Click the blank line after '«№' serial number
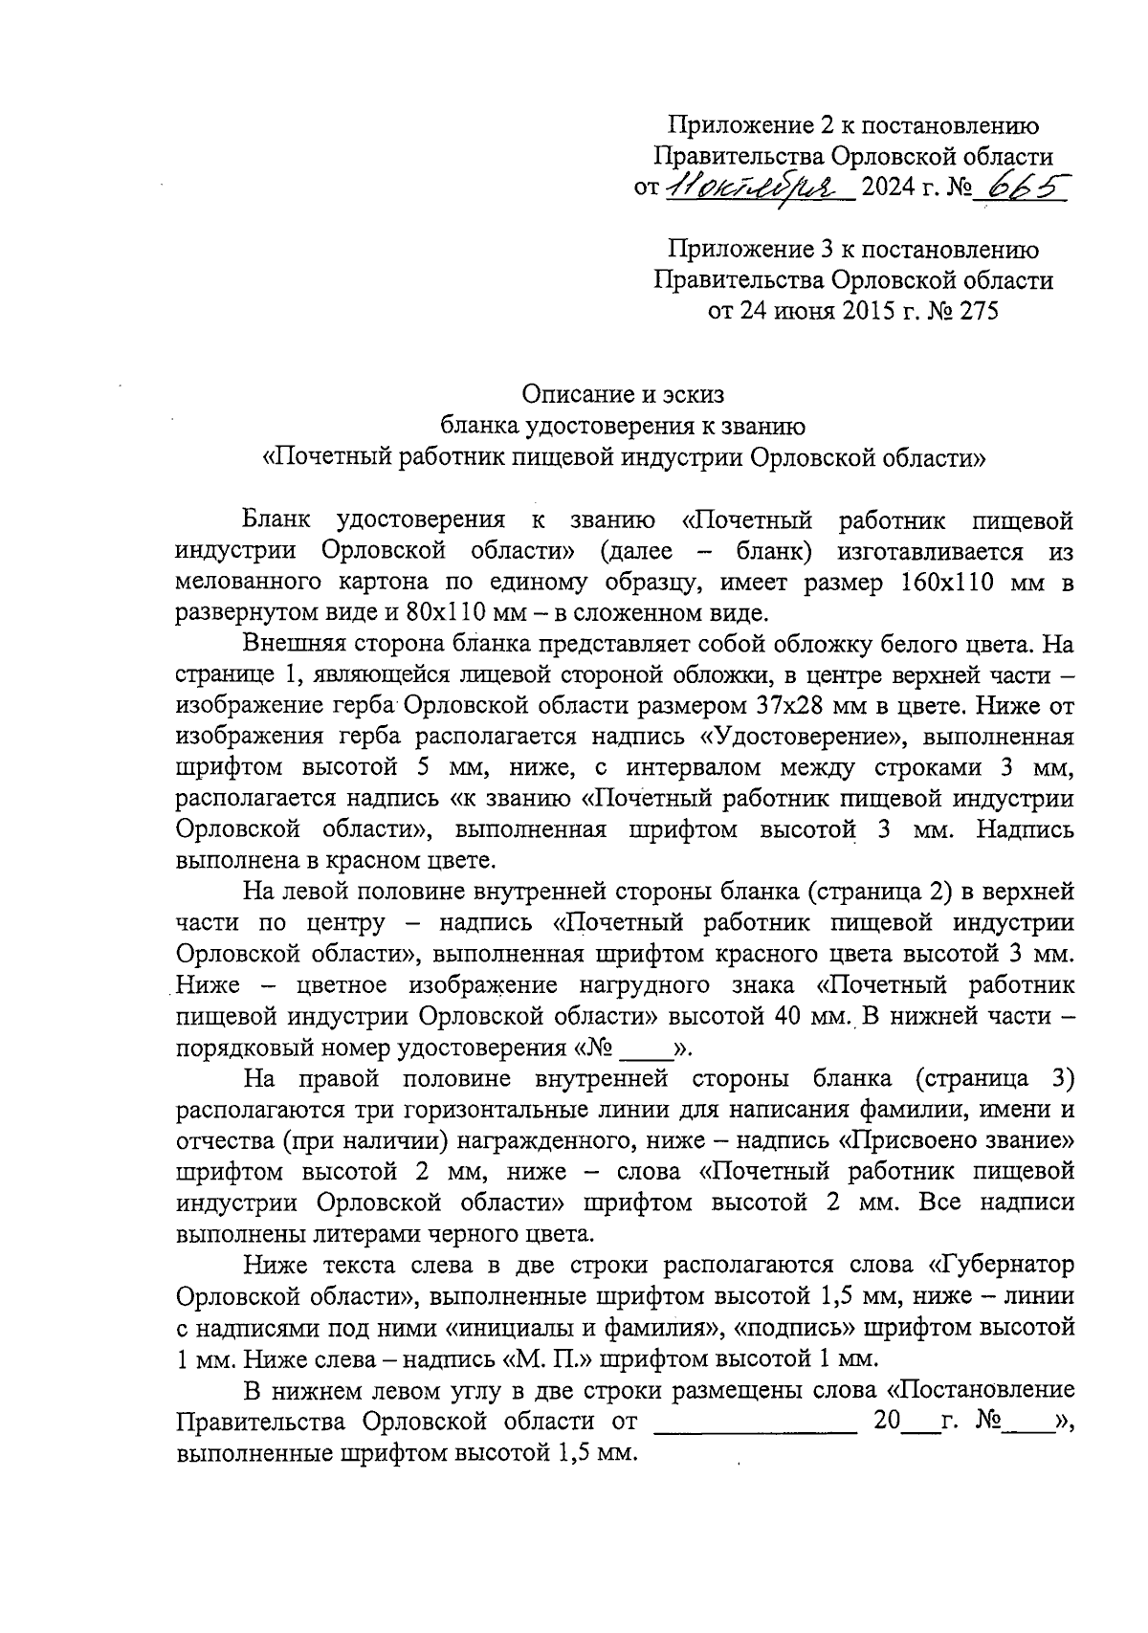tap(648, 1047)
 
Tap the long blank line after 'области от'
tap(755, 1421)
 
